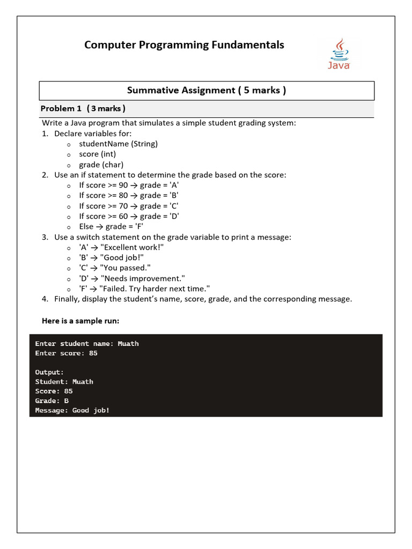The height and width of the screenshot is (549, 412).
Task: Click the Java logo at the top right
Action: click(339, 54)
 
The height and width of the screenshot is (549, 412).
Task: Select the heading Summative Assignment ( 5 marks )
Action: click(207, 90)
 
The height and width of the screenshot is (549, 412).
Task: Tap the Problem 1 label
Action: click(61, 109)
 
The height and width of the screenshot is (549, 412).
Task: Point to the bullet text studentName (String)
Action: click(118, 144)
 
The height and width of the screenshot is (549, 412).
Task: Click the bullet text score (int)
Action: click(97, 154)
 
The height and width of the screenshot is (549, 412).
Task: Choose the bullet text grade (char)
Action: click(101, 165)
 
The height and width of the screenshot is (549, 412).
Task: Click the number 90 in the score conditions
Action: click(123, 185)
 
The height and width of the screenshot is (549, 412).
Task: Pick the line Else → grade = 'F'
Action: click(111, 226)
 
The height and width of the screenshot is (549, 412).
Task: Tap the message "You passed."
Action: click(126, 268)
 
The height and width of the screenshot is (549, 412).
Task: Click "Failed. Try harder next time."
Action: click(155, 288)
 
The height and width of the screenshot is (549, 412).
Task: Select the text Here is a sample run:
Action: click(80, 321)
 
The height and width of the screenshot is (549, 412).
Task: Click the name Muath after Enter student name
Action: click(128, 344)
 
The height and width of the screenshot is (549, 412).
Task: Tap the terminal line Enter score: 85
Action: click(66, 353)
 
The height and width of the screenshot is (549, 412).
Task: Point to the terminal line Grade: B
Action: click(51, 401)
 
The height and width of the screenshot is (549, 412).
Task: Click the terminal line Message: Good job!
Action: click(72, 411)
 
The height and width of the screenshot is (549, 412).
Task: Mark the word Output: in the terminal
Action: click(49, 372)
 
